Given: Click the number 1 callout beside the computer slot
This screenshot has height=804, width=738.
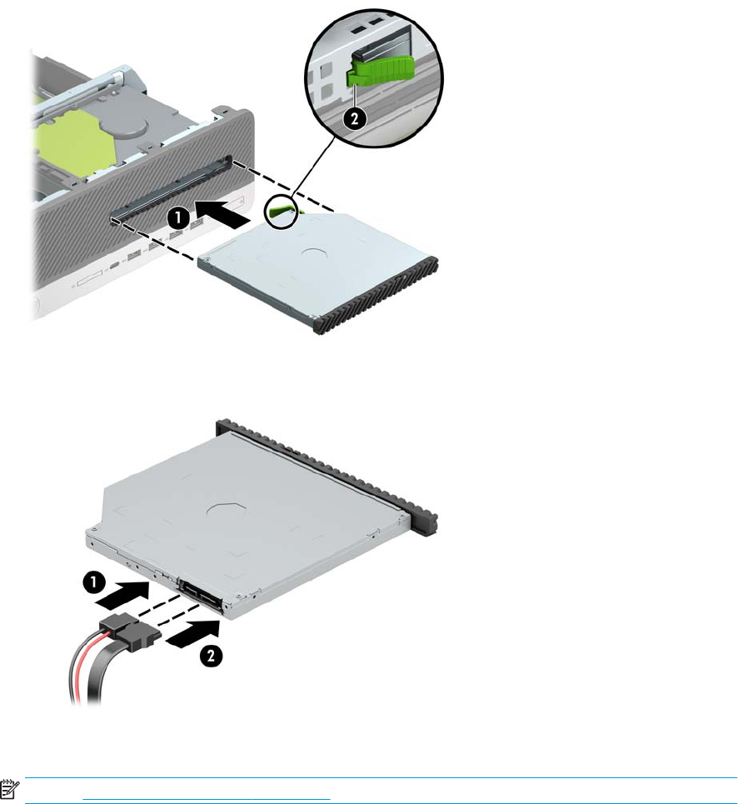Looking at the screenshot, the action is [178, 218].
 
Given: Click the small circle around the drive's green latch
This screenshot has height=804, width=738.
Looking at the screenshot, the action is [281, 210].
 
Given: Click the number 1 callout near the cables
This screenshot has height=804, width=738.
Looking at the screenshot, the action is [93, 582].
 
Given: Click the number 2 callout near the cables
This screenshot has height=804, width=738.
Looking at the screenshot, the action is [211, 656].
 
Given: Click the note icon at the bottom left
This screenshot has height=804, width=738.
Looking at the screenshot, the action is [9, 790].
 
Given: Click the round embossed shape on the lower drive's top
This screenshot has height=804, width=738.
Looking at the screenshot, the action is [226, 510].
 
